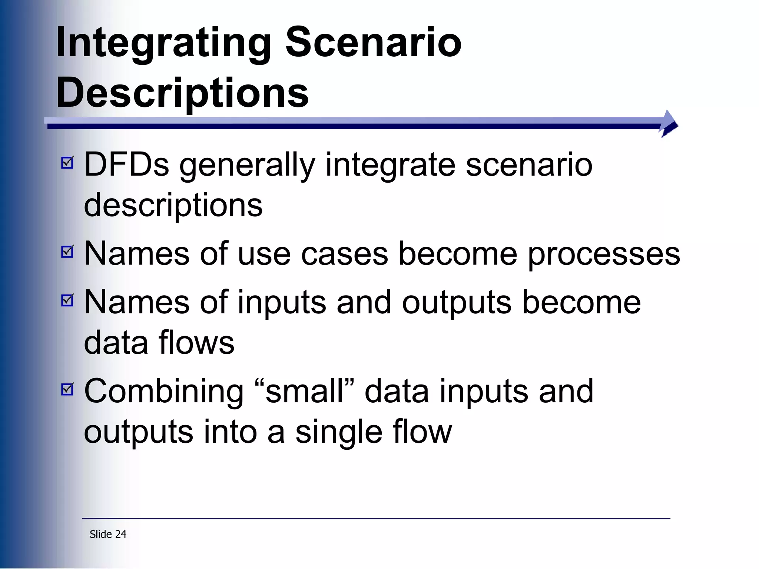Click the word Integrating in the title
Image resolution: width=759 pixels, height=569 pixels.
coord(163,44)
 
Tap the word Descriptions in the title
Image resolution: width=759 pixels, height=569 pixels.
coord(182,93)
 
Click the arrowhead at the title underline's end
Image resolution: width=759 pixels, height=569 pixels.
coord(669,124)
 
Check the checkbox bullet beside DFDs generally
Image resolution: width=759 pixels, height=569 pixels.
coord(67,163)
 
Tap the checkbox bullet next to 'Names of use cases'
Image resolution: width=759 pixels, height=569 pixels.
coord(67,252)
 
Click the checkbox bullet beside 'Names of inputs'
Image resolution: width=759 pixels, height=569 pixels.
coord(67,300)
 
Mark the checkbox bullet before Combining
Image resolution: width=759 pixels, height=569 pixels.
coord(67,389)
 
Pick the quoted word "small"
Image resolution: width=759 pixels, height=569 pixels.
coord(305,391)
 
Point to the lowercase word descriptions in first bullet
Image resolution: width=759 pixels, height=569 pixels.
coord(173,206)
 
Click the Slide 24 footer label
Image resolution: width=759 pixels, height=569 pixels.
coord(108,534)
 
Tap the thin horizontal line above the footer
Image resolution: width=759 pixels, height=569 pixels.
coord(376,518)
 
